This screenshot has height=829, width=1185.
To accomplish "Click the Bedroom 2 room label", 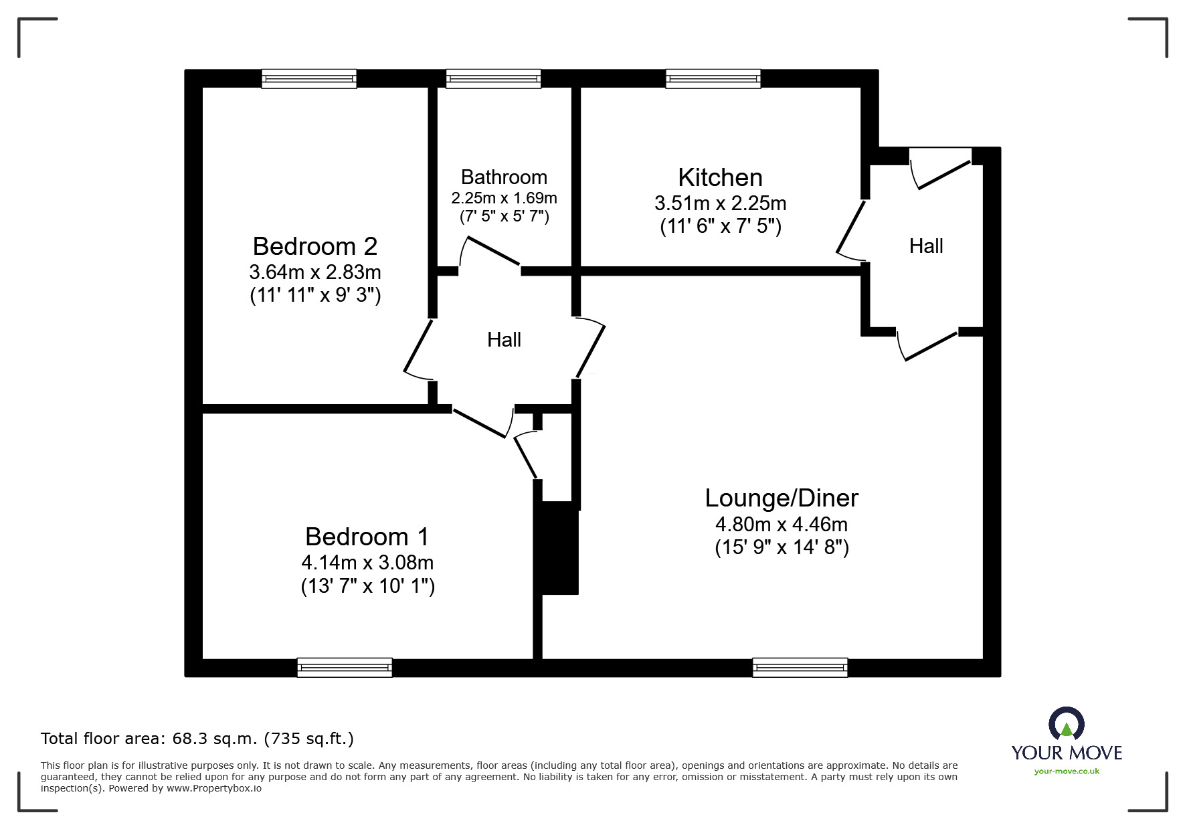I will click(314, 246).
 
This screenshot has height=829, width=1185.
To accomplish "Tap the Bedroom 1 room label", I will click(367, 537).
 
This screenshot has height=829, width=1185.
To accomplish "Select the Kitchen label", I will click(720, 177).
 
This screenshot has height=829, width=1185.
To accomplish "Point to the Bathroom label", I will click(504, 177).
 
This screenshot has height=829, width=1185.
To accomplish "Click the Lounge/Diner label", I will click(782, 498).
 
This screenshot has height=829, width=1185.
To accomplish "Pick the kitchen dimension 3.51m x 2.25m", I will click(720, 203).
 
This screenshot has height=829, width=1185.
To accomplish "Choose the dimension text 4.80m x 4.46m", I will click(782, 524).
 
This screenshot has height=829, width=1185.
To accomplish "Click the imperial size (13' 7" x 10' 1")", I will click(368, 586).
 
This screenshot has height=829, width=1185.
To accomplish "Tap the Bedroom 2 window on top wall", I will click(309, 79).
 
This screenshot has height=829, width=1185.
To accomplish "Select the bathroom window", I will click(493, 79).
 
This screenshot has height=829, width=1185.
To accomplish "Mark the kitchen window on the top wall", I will click(713, 79).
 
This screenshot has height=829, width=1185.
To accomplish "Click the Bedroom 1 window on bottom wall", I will click(345, 667).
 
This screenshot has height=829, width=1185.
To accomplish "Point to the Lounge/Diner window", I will click(800, 667).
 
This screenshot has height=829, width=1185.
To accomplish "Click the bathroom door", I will click(492, 252).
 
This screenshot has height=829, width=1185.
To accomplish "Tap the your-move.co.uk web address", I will click(1067, 771).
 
